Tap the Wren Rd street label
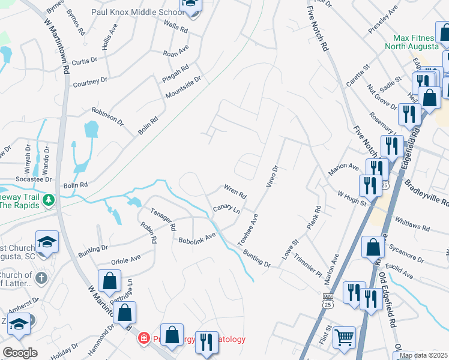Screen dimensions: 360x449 pyautogui.click(x=235, y=191)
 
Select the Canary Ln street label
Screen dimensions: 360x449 pyautogui.click(x=226, y=210)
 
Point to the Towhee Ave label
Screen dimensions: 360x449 pyautogui.click(x=247, y=230)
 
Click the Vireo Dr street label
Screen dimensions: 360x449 pyautogui.click(x=271, y=176)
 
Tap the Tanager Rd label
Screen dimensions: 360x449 pyautogui.click(x=163, y=220)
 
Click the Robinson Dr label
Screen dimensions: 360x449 pyautogui.click(x=107, y=116)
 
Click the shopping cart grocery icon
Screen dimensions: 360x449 pyautogui.click(x=344, y=337)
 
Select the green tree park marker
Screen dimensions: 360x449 pyautogui.click(x=49, y=200)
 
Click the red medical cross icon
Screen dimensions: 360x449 pyautogui.click(x=143, y=339)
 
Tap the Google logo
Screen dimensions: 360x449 pyautogui.click(x=20, y=353)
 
